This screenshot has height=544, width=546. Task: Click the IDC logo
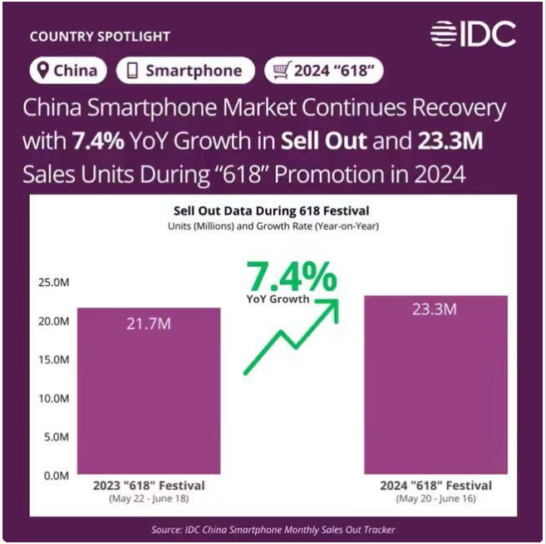click(x=473, y=34)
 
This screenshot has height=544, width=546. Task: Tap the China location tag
click(x=65, y=71)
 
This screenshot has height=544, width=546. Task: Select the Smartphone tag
click(x=184, y=71)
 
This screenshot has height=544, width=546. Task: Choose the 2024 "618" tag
click(x=323, y=71)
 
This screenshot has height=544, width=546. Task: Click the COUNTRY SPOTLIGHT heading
click(x=100, y=37)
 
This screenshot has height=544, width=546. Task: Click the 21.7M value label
click(x=150, y=324)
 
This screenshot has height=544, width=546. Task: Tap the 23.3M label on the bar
click(x=435, y=309)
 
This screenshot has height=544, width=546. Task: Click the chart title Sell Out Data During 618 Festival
click(x=271, y=210)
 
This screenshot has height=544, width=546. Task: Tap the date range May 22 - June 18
click(x=150, y=499)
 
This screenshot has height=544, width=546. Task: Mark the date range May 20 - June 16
click(x=435, y=499)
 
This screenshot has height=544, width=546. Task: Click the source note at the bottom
click(x=273, y=529)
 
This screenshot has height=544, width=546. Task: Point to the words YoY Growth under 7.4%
click(x=278, y=299)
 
